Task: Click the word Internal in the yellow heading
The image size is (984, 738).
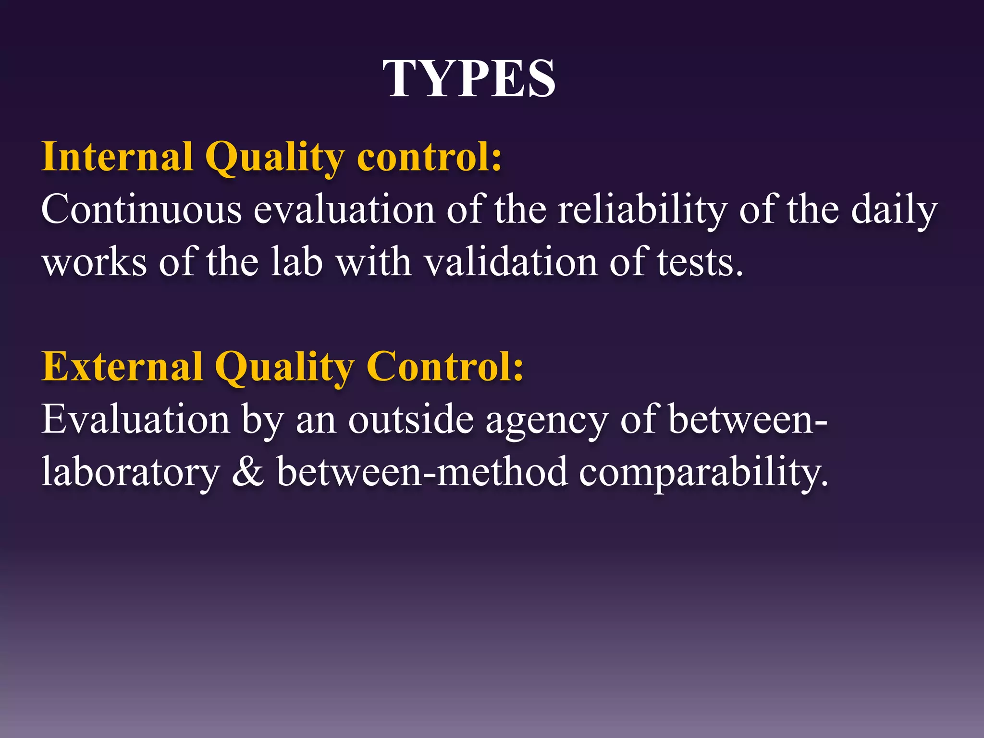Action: pyautogui.click(x=118, y=157)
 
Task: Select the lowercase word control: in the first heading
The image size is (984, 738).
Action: pyautogui.click(x=429, y=157)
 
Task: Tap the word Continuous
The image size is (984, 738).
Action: pyautogui.click(x=141, y=210)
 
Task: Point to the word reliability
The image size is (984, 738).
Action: pyautogui.click(x=642, y=210)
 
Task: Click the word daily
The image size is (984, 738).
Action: pyautogui.click(x=894, y=210)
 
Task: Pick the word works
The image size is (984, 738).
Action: pyautogui.click(x=94, y=263)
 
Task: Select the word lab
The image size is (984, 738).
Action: pyautogui.click(x=296, y=263)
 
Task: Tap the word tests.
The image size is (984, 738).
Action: pyautogui.click(x=700, y=263)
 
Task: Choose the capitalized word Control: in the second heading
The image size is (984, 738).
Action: pyautogui.click(x=444, y=367)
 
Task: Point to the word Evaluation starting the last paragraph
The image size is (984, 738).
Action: pyautogui.click(x=135, y=419)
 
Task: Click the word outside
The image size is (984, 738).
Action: pyautogui.click(x=411, y=419)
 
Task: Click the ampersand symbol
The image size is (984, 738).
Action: pyautogui.click(x=248, y=472)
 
